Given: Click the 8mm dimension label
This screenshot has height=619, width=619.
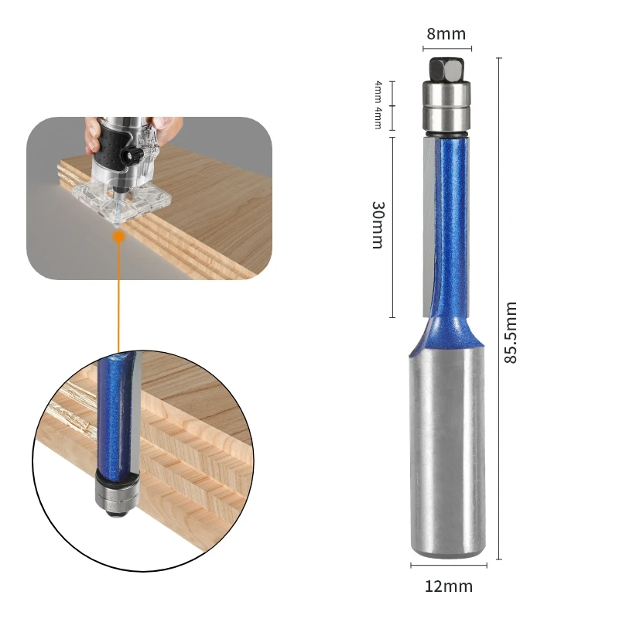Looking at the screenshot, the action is click(x=446, y=34).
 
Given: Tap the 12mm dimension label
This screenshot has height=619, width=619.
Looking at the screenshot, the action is click(x=449, y=587).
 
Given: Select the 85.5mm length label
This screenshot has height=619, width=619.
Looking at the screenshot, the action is click(x=511, y=332).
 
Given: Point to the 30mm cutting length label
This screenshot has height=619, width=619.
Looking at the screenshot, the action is click(x=378, y=225).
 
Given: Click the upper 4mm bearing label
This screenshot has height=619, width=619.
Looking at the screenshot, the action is click(x=378, y=91).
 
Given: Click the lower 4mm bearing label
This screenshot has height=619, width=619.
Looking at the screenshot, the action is click(x=378, y=118).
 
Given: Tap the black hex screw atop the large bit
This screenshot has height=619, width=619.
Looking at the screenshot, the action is click(x=446, y=69).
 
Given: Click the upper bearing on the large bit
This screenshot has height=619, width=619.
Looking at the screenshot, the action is click(x=446, y=94).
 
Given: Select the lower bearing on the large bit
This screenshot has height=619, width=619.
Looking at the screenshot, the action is click(x=446, y=119).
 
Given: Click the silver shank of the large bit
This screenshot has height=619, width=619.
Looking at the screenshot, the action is click(x=447, y=450).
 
